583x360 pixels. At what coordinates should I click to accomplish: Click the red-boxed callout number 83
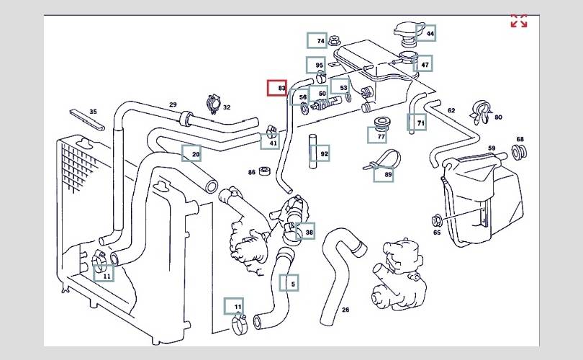[277, 88]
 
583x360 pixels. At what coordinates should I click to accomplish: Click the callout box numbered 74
[317, 41]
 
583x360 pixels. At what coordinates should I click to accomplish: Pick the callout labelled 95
[315, 66]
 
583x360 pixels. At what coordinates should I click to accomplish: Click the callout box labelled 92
[320, 153]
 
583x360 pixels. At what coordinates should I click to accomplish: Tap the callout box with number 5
[289, 284]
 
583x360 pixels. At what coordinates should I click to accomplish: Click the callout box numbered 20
[191, 154]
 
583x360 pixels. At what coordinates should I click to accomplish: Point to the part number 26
[345, 310]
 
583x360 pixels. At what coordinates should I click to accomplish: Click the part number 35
[93, 112]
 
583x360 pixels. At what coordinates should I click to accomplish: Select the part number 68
[520, 140]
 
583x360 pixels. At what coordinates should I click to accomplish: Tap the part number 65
[436, 233]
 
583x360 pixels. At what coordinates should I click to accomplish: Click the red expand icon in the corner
[518, 21]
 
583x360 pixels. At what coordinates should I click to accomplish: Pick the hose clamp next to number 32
[213, 104]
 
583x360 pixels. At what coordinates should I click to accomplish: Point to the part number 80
[498, 117]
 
